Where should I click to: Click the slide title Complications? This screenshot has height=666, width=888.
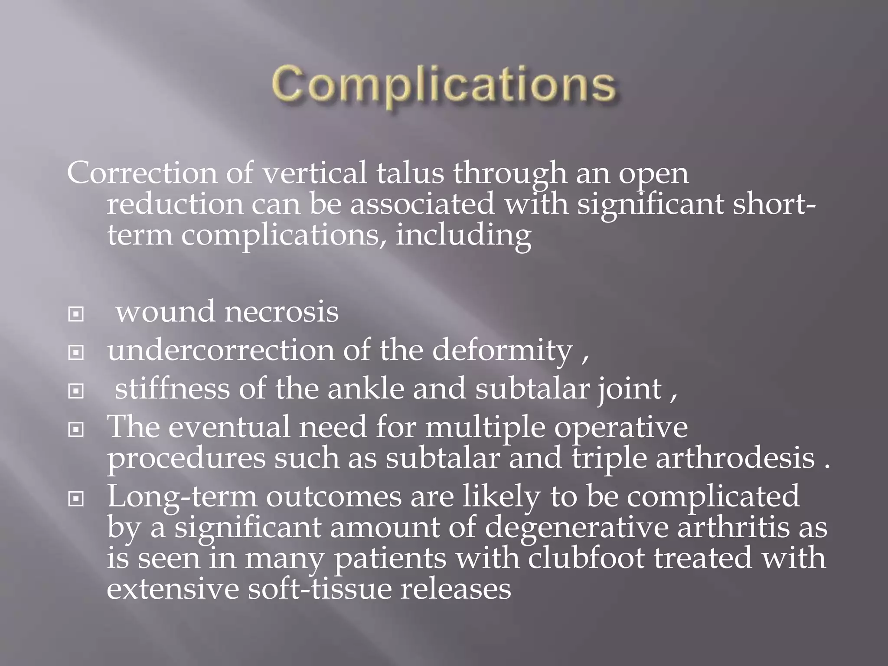coord(444,85)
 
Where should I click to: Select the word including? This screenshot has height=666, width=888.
coord(463,236)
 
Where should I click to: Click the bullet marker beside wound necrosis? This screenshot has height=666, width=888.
coord(76,314)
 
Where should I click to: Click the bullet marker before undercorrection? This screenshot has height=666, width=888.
coord(76,353)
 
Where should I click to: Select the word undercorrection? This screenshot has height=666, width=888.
coord(221,350)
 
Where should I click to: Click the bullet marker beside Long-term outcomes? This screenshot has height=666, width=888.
coord(76,499)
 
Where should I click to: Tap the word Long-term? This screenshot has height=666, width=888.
coord(182,497)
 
